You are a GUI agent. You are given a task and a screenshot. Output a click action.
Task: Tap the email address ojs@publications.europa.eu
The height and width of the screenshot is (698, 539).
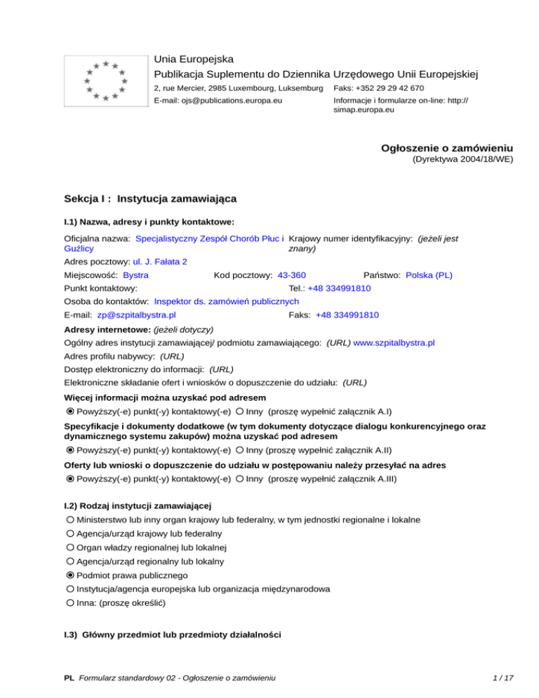point(218,100)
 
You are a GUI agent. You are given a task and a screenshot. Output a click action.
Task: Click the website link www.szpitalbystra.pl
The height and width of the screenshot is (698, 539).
point(394,343)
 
